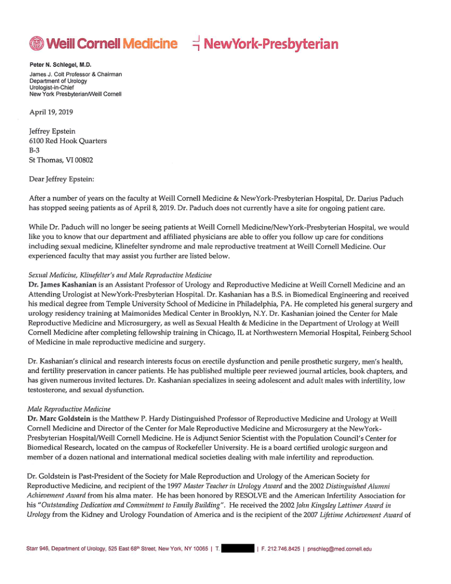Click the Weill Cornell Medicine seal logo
tap(36, 43)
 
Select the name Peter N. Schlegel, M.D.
tap(60, 65)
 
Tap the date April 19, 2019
tap(51, 111)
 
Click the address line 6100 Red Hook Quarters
tap(68, 141)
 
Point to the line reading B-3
tap(35, 150)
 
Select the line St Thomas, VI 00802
tap(61, 160)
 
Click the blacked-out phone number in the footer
tap(238, 549)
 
